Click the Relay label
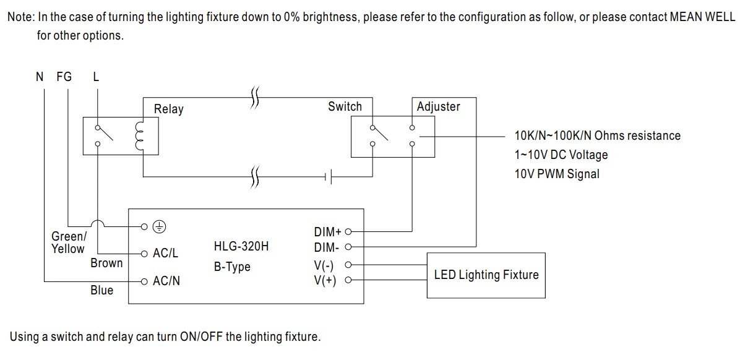(x=168, y=109)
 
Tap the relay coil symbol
(x=138, y=136)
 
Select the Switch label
(x=345, y=106)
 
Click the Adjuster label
(x=438, y=106)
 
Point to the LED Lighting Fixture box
(x=486, y=275)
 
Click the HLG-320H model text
(x=241, y=247)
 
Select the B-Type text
(x=232, y=267)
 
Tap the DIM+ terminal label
(x=328, y=232)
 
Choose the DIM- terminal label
(x=327, y=248)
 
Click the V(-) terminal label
(x=325, y=265)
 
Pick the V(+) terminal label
(x=325, y=281)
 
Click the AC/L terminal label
(x=165, y=253)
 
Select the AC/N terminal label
(x=166, y=281)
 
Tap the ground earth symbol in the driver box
(x=160, y=227)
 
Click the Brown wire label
(x=106, y=263)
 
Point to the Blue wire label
(x=102, y=290)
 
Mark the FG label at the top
(x=64, y=77)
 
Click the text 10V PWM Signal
(x=556, y=174)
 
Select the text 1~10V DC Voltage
(x=561, y=155)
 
